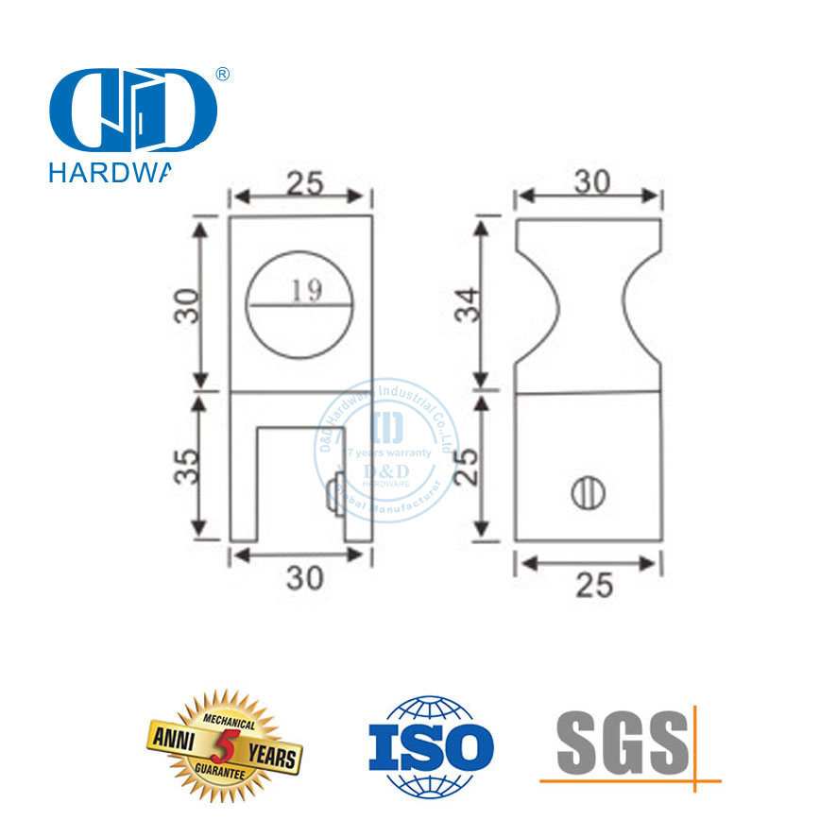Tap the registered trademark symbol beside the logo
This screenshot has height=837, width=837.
tap(224, 75)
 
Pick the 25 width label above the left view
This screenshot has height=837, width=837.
tap(301, 182)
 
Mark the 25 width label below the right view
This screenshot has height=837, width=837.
tap(591, 586)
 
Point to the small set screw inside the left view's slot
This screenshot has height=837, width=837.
tap(333, 496)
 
